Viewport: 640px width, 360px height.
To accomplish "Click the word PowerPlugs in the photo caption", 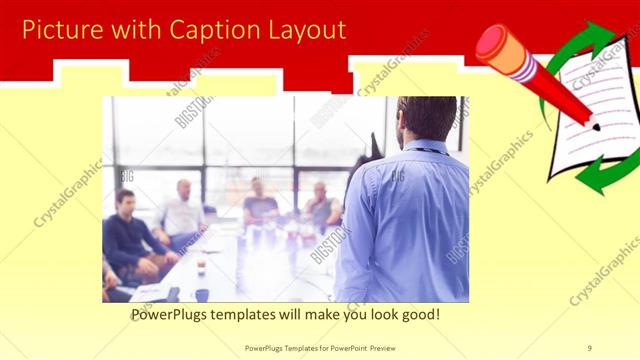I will pos(176,314).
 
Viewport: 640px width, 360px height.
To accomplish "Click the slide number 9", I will pos(589,348).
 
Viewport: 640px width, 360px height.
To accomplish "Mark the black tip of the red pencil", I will pos(596,127).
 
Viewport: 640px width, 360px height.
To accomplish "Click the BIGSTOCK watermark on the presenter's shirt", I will pos(397,175).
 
